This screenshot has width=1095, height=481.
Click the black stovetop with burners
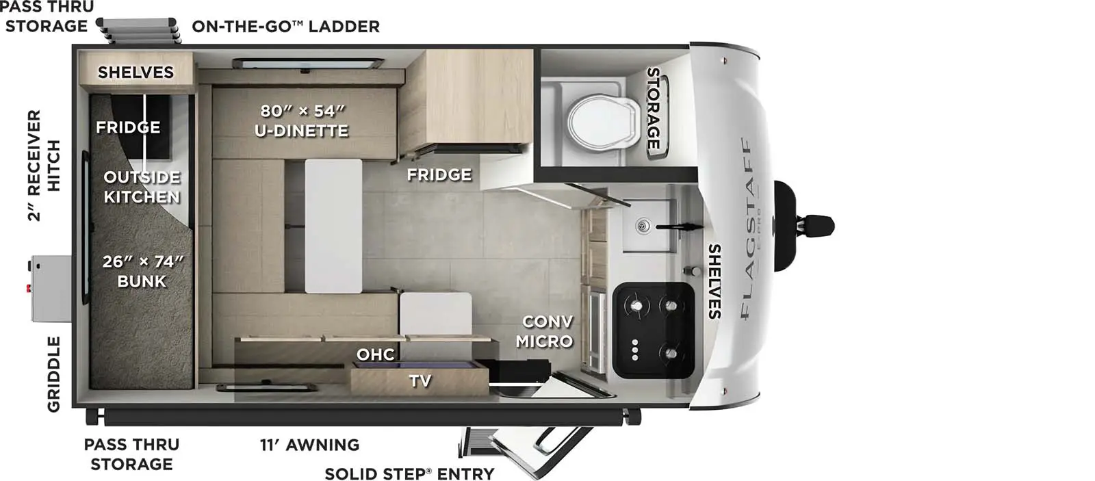click(x=654, y=330)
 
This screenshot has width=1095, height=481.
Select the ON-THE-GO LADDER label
click(x=285, y=27)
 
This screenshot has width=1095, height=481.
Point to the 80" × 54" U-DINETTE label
click(x=302, y=120)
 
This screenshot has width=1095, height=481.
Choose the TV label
click(x=420, y=380)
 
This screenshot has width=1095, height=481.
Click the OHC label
click(x=376, y=354)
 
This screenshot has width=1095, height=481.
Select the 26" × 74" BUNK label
click(x=142, y=271)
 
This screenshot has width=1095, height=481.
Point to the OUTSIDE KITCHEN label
click(x=142, y=187)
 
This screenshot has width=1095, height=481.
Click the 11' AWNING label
click(x=309, y=445)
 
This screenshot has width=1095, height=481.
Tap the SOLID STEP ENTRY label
click(x=409, y=473)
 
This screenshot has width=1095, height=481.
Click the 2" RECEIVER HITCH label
click(x=44, y=166)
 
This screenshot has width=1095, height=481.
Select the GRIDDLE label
click(x=53, y=374)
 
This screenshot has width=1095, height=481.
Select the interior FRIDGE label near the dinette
click(x=439, y=174)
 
